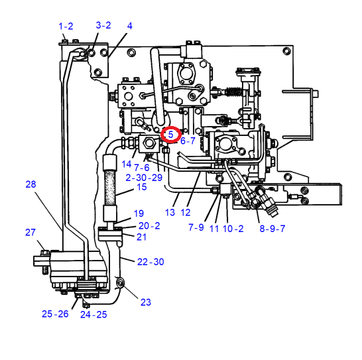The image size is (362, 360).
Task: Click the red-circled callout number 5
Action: [x=170, y=134]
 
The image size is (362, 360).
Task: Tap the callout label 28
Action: [x=30, y=184]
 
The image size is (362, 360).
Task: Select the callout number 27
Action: [x=30, y=232]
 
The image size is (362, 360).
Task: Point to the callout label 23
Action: [x=146, y=302]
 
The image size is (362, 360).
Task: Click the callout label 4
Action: [x=130, y=26]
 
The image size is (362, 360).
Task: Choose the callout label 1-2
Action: [x=66, y=26]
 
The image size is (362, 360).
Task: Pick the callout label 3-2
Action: [x=103, y=25]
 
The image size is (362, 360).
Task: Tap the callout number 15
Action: [x=142, y=187]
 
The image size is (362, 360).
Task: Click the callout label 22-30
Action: [x=151, y=262]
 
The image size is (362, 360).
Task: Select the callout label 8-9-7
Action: [x=272, y=229]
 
